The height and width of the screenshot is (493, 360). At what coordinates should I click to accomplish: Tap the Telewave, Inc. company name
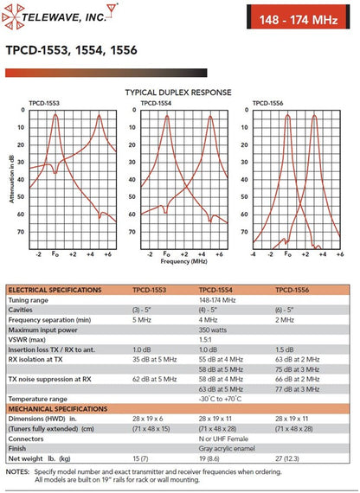pyautogui.click(x=64, y=17)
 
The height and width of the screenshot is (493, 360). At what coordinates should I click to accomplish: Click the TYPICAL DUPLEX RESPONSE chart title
pyautogui.click(x=178, y=93)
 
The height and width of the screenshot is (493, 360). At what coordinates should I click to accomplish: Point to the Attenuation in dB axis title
pyautogui.click(x=11, y=180)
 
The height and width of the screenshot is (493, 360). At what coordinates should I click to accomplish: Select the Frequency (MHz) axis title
pyautogui.click(x=183, y=261)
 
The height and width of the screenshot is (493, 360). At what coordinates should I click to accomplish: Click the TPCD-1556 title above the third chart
pyautogui.click(x=267, y=103)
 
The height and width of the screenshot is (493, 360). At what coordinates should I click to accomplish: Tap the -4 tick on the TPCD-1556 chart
pyautogui.click(x=253, y=254)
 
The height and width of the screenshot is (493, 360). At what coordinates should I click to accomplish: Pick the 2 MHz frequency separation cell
pyautogui.click(x=285, y=320)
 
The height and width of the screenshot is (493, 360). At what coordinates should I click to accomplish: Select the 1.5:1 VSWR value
pyautogui.click(x=205, y=340)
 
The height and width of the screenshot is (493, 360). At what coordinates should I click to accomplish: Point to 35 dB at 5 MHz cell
pyautogui.click(x=155, y=360)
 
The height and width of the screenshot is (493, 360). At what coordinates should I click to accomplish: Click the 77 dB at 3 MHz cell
pyautogui.click(x=298, y=389)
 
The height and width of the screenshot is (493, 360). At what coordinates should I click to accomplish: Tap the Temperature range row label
pyautogui.click(x=38, y=399)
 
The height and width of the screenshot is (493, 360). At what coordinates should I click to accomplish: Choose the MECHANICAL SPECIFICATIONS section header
pyautogui.click(x=58, y=409)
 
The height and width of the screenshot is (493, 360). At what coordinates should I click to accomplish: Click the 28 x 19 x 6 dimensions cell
pyautogui.click(x=148, y=419)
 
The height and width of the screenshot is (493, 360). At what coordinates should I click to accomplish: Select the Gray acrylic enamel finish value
pyautogui.click(x=227, y=448)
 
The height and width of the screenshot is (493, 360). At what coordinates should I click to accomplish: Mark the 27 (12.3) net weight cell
pyautogui.click(x=287, y=458)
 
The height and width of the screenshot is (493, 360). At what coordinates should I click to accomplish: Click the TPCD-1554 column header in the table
pyautogui.click(x=215, y=290)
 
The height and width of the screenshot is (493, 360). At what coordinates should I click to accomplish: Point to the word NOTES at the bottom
pyautogui.click(x=17, y=471)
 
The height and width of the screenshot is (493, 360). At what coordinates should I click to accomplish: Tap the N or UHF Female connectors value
pyautogui.click(x=223, y=439)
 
